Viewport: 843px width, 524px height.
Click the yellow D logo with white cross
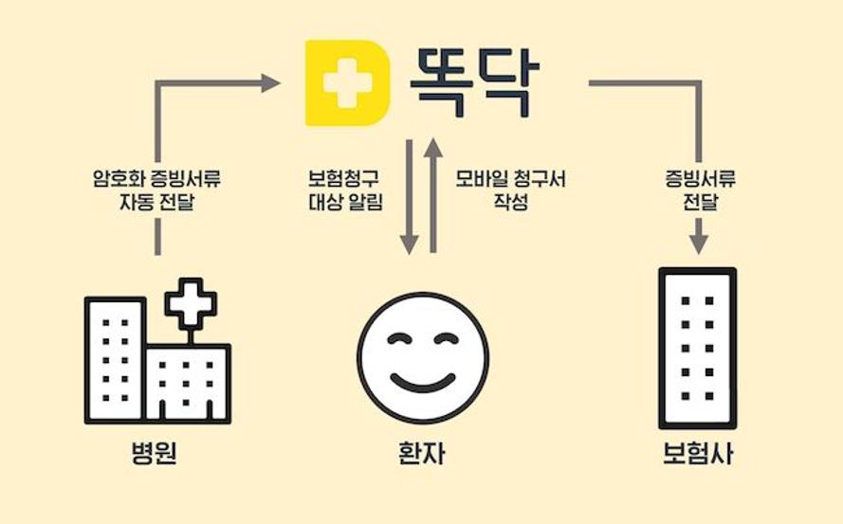[x=348, y=82]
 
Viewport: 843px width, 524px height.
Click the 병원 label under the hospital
[x=155, y=453]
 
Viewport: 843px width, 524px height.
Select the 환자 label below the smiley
[x=422, y=453]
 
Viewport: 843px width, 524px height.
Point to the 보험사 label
[x=697, y=453]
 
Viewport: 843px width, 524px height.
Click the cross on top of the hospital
[x=191, y=303]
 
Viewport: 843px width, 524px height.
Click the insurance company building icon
[x=697, y=348]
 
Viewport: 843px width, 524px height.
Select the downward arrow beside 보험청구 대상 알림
[x=410, y=197]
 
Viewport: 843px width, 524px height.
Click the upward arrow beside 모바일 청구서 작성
[x=433, y=195]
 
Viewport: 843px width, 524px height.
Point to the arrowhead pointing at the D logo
[x=270, y=82]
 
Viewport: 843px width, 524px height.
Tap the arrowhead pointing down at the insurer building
[x=698, y=244]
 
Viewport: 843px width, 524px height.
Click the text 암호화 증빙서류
[x=157, y=178]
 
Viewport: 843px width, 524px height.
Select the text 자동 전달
[x=157, y=203]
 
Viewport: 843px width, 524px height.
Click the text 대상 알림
[x=346, y=202]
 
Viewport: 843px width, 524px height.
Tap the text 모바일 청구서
[x=510, y=178]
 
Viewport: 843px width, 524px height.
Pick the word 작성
[x=511, y=202]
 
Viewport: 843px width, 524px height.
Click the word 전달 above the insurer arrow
[x=700, y=202]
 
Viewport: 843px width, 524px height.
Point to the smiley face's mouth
[x=423, y=382]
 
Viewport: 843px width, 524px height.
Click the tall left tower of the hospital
[x=115, y=359]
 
